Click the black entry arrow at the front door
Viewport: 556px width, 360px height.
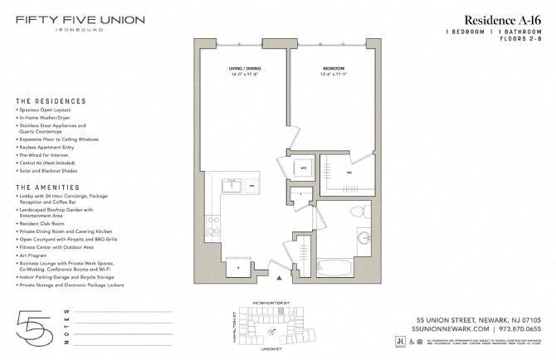tap(268, 266)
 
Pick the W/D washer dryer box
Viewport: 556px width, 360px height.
tap(304, 168)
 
